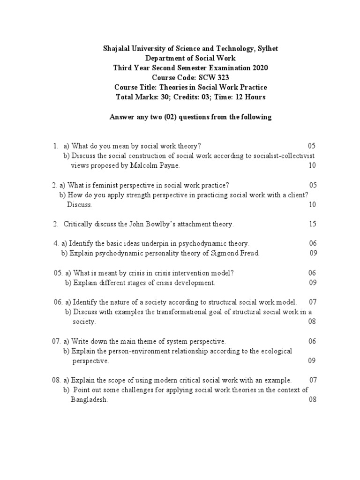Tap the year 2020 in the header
point(260,68)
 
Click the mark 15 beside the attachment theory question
point(312,224)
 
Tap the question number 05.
point(58,273)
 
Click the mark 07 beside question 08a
point(314,380)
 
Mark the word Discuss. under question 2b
point(80,205)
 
